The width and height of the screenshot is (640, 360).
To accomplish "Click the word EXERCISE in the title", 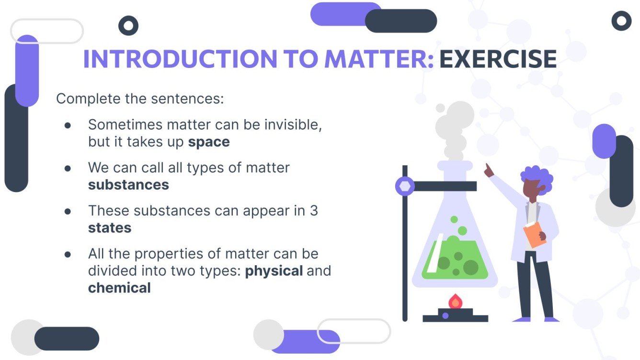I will coord(498,59).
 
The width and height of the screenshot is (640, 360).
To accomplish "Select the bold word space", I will coord(209,142).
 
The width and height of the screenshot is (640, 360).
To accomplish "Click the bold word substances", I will coord(128,185).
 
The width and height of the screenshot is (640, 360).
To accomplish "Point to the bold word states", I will coord(110,228).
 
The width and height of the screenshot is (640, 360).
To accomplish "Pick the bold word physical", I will coord(274,271).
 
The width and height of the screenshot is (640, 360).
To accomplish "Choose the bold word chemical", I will coord(119,288).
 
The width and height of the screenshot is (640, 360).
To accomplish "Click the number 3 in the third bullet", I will coord(313,211).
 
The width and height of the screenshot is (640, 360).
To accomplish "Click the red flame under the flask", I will coord(455,302).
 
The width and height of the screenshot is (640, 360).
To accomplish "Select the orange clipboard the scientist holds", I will coord(534,234).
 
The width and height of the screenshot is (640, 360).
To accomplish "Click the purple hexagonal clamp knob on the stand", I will coord(405,186).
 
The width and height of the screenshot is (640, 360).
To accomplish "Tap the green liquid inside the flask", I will coord(455,261).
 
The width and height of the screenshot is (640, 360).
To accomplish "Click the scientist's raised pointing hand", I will coord(489,170).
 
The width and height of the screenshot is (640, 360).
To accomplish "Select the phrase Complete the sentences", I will coord(140,99).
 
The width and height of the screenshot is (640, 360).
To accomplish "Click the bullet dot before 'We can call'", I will coord(68,168).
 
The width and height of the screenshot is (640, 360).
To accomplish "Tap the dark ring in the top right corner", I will coord(621,21).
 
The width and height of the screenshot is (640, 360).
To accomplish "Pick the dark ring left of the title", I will coord(128,25).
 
